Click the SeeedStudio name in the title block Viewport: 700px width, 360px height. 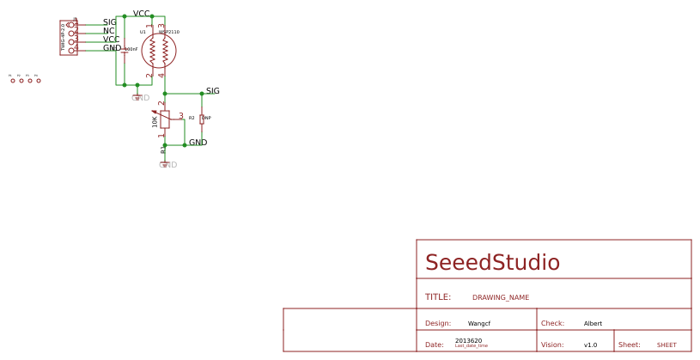pyautogui.click(x=492, y=263)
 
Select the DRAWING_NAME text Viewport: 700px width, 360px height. pyautogui.click(x=501, y=297)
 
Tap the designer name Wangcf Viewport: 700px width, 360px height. pyautogui.click(x=479, y=324)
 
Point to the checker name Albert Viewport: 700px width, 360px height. pyautogui.click(x=593, y=324)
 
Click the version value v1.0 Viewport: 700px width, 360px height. pyautogui.click(x=590, y=345)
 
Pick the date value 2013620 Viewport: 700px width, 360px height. pyautogui.click(x=468, y=341)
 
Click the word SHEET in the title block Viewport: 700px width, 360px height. pyautogui.click(x=667, y=345)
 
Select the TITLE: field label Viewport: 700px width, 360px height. pyautogui.click(x=438, y=297)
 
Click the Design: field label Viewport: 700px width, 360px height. pyautogui.click(x=438, y=324)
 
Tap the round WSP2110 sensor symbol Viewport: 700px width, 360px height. pyautogui.click(x=159, y=51)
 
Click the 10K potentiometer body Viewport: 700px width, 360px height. pyautogui.click(x=165, y=119)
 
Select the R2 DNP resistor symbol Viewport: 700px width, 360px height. pyautogui.click(x=202, y=119)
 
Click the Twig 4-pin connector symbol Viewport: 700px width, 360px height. pyautogui.click(x=68, y=38)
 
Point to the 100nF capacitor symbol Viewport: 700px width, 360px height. pyautogui.click(x=125, y=50)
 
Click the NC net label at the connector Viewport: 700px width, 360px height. pyautogui.click(x=108, y=31)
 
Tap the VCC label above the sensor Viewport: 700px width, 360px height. pyautogui.click(x=142, y=14)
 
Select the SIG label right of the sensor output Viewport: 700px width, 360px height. pyautogui.click(x=213, y=91)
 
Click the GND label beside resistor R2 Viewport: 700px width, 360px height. pyautogui.click(x=198, y=143)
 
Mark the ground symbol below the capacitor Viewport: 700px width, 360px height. pyautogui.click(x=137, y=96)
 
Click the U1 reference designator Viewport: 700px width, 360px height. pyautogui.click(x=143, y=32)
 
